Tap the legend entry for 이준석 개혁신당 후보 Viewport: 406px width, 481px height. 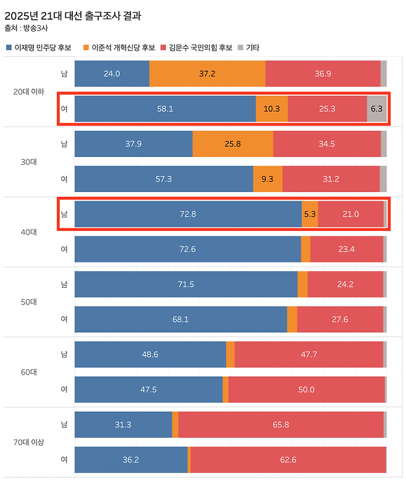[x=123, y=48]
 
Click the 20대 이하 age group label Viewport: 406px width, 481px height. [x=29, y=91]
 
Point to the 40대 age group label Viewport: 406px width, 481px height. [x=29, y=232]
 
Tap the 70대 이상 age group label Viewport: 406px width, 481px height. [x=29, y=443]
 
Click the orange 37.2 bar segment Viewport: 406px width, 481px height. [x=207, y=73]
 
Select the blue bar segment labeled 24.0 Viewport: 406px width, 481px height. [x=112, y=73]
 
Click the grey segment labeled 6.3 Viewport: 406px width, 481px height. [x=376, y=109]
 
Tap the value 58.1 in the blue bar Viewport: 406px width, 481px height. [x=165, y=109]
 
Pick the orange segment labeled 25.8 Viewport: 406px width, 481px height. [x=233, y=144]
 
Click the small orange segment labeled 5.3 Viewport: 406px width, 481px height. [x=310, y=214]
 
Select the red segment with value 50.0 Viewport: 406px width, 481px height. [x=306, y=390]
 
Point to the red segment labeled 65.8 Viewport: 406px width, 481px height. [x=281, y=425]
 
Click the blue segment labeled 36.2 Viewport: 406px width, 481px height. [x=131, y=460]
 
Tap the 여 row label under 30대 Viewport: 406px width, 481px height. [x=64, y=179]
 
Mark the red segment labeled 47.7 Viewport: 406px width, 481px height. [x=309, y=354]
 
